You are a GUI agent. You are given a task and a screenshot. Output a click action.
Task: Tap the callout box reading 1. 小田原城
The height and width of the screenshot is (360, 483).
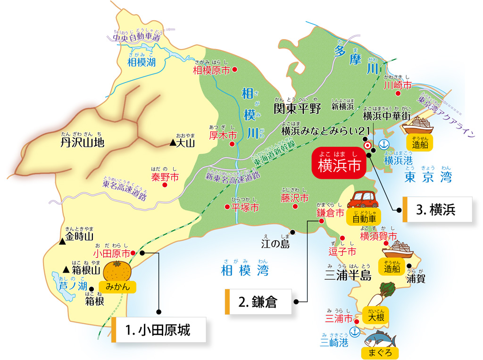(x=160, y=329)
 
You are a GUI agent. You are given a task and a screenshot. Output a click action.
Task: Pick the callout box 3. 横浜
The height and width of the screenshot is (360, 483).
(x=437, y=209)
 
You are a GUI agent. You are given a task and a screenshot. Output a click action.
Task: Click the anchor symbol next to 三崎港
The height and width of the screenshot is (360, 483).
(x=355, y=332)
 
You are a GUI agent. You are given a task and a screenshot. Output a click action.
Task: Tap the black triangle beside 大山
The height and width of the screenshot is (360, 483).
(x=173, y=143)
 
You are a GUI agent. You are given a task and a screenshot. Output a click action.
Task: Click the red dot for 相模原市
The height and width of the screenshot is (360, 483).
(x=235, y=70)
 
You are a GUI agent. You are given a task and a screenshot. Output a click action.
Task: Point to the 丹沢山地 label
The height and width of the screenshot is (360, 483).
(x=82, y=142)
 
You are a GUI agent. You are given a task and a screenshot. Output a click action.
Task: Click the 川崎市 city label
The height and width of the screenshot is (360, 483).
(x=397, y=85)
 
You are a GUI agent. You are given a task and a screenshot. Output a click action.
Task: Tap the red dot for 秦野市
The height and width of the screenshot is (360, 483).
(x=164, y=185)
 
